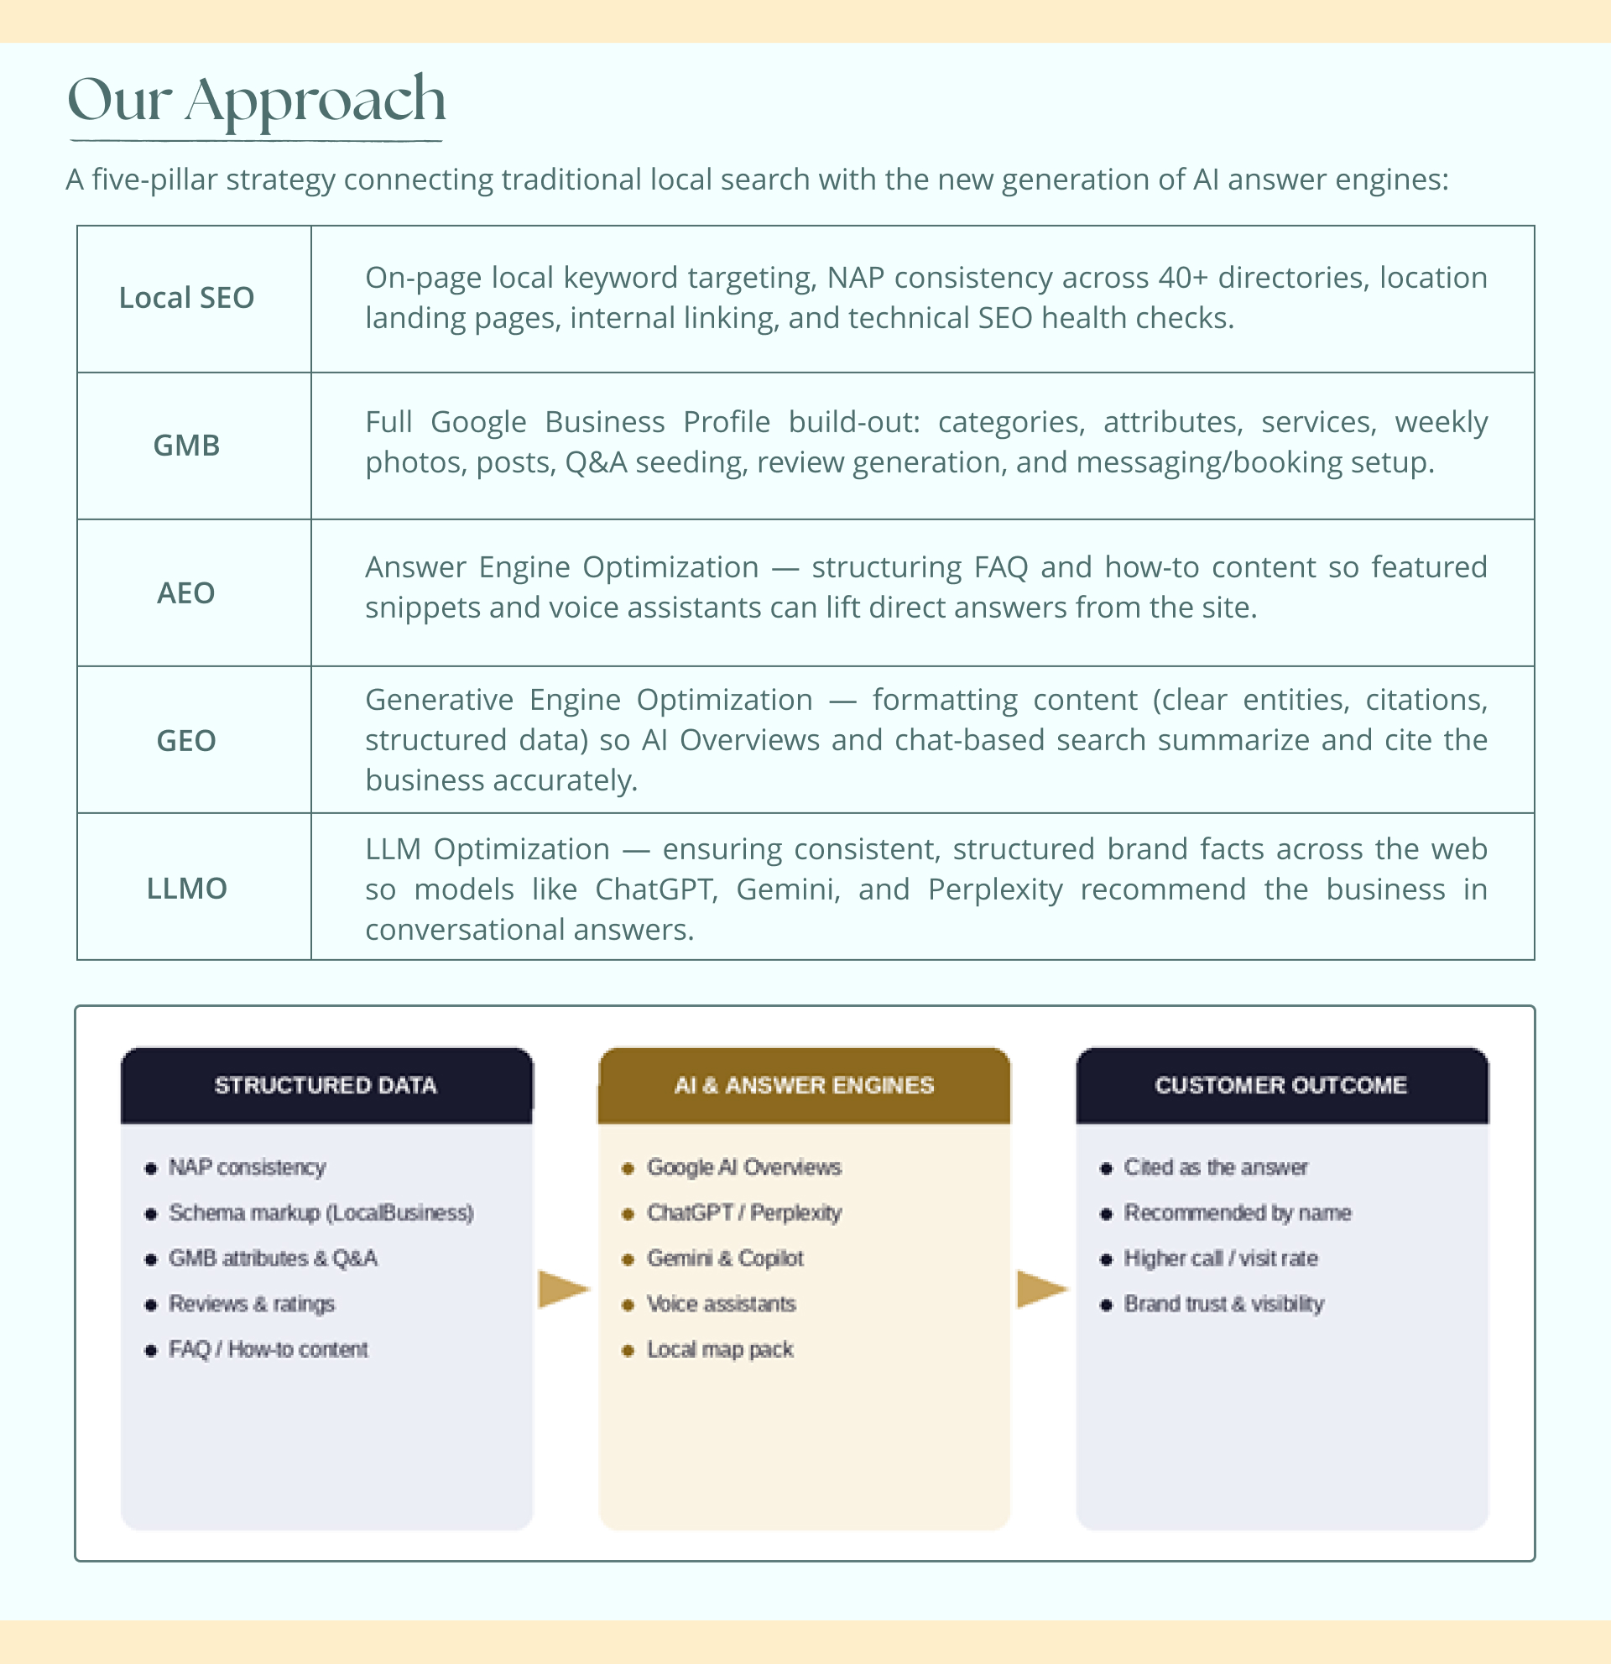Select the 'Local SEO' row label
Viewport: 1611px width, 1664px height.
(187, 298)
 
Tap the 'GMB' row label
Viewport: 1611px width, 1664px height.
(187, 446)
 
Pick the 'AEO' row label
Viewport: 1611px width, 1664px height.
(187, 592)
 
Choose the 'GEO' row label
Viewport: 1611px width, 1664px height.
(187, 740)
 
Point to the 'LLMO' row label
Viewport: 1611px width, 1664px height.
(187, 888)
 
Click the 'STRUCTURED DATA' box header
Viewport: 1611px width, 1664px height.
(326, 1085)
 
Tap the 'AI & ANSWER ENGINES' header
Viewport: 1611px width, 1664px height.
(804, 1085)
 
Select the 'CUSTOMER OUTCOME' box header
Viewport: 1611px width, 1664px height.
(1282, 1085)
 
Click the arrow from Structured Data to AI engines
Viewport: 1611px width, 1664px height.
(564, 1289)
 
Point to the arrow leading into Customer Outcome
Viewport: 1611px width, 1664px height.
(1042, 1289)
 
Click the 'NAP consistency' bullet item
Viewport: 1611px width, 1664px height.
(247, 1167)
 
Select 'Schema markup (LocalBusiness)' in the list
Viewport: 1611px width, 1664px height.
(321, 1213)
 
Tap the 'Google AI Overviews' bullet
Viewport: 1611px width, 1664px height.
(743, 1167)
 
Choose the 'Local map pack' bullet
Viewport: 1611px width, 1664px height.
(720, 1349)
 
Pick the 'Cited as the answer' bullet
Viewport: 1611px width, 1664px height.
(1216, 1167)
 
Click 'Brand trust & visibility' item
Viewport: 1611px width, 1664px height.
(1224, 1304)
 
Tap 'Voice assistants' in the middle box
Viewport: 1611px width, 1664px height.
(721, 1304)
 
